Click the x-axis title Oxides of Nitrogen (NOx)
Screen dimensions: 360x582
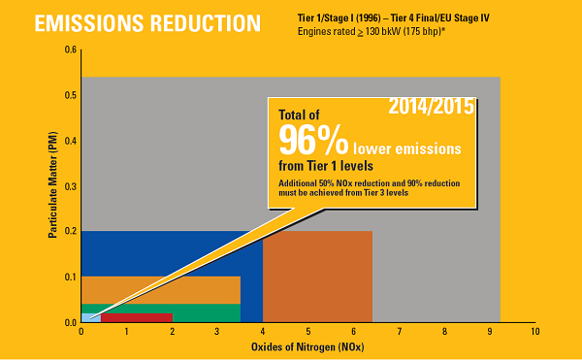307,346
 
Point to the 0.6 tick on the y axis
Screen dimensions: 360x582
70,49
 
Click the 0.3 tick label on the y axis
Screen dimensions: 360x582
70,186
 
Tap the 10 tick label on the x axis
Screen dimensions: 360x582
534,332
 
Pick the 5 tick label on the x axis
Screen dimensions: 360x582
307,332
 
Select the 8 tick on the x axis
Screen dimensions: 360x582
444,332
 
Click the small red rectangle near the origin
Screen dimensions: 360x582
136,317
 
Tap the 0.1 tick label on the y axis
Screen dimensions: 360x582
70,278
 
